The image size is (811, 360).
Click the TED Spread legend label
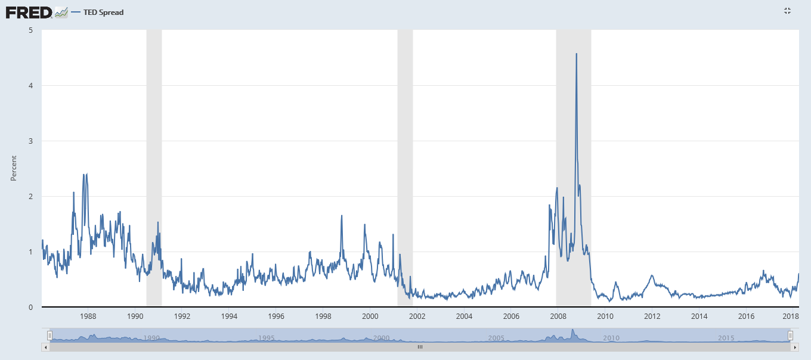coord(103,13)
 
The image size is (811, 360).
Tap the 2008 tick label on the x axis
coord(558,316)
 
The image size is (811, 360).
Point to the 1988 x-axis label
coord(88,316)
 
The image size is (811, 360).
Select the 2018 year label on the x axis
coord(790,316)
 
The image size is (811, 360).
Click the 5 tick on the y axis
coord(31,30)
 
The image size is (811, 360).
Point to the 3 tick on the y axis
coord(31,141)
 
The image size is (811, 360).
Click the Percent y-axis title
coord(14,168)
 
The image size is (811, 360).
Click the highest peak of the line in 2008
coord(576,54)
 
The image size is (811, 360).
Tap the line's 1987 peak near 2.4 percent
coord(83,174)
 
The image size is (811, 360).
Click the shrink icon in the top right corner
coord(787,11)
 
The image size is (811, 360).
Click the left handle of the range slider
coord(50,336)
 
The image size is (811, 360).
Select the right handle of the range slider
coord(790,336)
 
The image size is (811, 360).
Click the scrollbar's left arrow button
coord(45,346)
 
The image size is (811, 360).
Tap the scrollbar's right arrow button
coord(795,346)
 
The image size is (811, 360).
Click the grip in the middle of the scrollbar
coord(420,346)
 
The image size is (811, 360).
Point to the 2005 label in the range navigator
coord(496,338)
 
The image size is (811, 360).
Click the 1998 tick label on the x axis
coord(323,316)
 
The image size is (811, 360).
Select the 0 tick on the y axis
coord(31,307)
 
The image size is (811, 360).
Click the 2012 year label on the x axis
coord(651,316)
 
